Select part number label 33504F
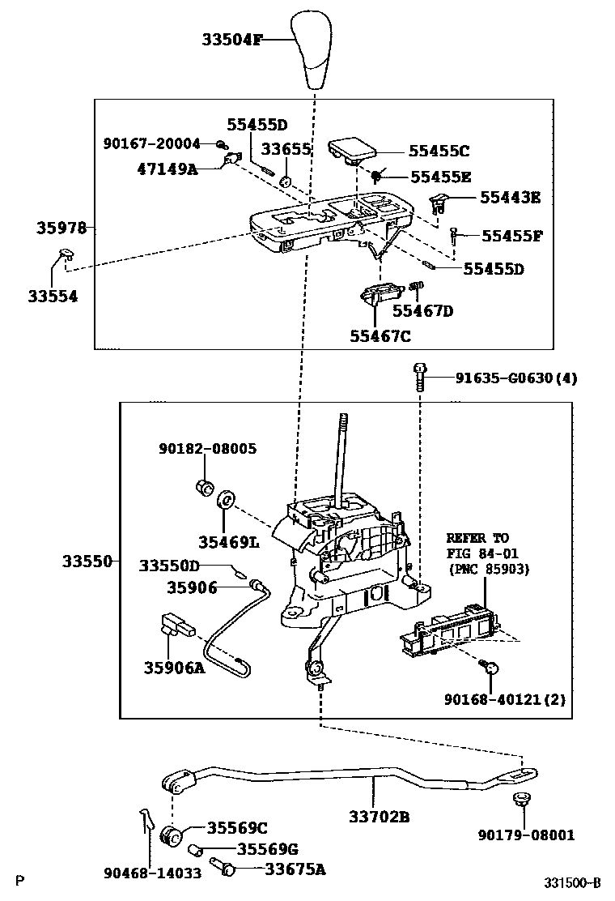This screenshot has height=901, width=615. (x=232, y=39)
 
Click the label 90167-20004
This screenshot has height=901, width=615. (x=151, y=143)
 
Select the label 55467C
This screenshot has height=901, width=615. (x=380, y=335)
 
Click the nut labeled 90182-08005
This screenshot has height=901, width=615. (x=205, y=488)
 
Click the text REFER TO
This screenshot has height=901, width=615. (x=477, y=537)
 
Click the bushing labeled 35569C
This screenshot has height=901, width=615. (x=171, y=835)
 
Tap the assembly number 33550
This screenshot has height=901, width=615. (x=85, y=561)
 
